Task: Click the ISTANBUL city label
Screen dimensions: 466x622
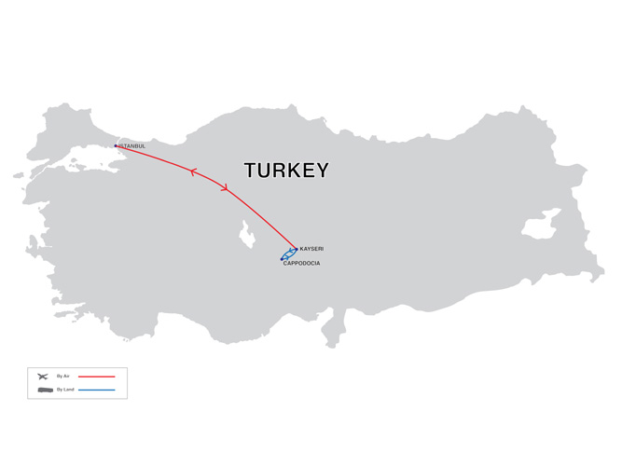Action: [x=132, y=146]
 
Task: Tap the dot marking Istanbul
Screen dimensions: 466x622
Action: [x=116, y=145]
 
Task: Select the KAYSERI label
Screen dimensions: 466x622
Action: [x=312, y=250]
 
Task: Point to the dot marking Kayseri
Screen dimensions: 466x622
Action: [x=297, y=249]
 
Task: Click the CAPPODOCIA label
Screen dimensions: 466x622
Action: [x=301, y=264]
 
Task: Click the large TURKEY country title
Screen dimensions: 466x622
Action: [x=286, y=171]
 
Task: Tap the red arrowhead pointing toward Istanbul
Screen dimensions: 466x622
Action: [x=193, y=172]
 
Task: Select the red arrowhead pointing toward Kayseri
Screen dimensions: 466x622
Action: [x=225, y=189]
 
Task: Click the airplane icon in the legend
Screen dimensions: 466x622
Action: [x=43, y=376]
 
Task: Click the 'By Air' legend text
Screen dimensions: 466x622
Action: [x=63, y=376]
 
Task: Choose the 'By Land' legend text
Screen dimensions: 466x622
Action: [x=64, y=389]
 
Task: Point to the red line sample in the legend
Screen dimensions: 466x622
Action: [x=96, y=377]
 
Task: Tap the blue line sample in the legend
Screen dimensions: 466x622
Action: [x=96, y=389]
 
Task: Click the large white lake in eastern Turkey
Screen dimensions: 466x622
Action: [x=539, y=228]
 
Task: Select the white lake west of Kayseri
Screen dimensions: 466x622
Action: [x=248, y=234]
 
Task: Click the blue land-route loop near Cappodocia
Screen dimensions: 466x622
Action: [x=289, y=254]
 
